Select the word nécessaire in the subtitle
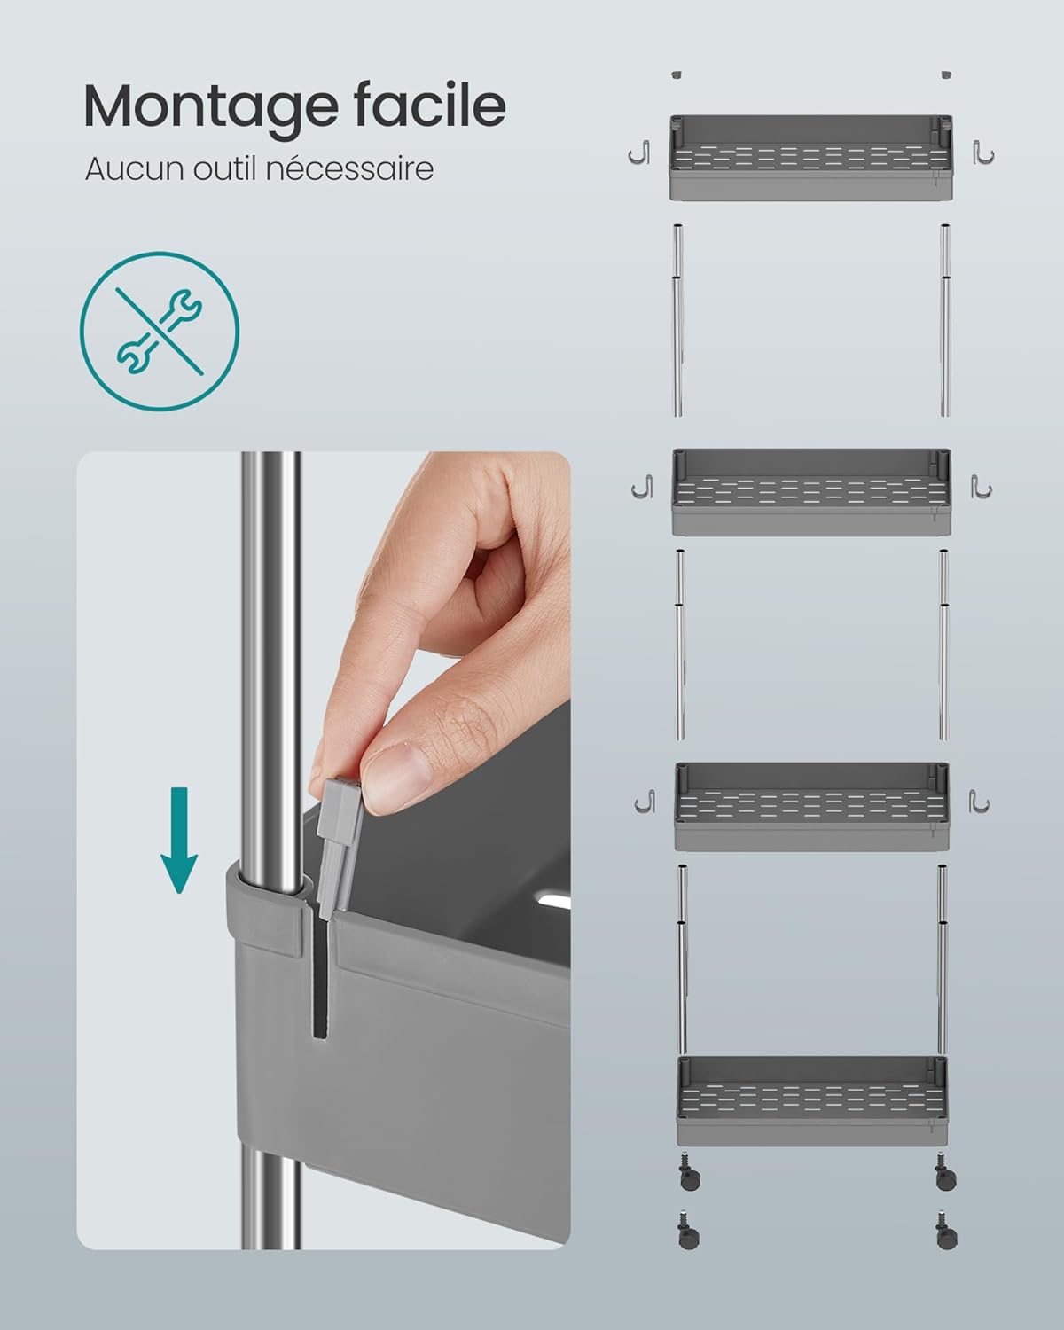pos(349,168)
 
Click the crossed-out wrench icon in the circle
pos(160,332)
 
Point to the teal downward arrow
pos(179,840)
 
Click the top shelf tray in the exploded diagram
pos(811,158)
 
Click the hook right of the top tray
pos(983,153)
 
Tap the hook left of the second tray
pos(642,486)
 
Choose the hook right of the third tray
pos(979,801)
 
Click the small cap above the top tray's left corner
pos(677,74)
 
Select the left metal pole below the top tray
pos(677,320)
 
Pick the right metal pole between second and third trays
pos(943,645)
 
